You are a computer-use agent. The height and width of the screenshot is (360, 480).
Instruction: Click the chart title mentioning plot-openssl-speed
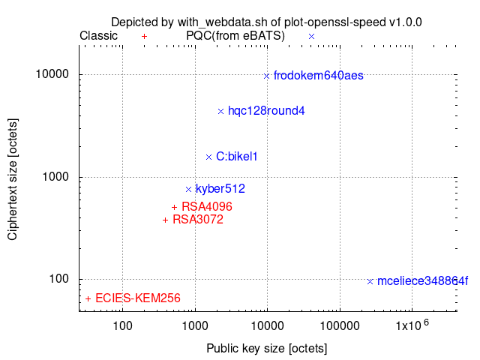(x=266, y=22)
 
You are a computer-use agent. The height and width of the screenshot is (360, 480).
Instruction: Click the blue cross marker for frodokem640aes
(x=266, y=75)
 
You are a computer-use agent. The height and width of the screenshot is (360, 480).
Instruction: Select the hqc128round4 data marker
(x=220, y=111)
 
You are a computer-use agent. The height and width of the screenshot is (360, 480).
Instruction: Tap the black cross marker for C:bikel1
(x=209, y=157)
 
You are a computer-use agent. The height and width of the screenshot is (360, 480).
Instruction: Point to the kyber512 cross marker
(x=189, y=189)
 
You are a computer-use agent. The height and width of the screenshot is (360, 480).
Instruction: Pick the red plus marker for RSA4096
(x=174, y=207)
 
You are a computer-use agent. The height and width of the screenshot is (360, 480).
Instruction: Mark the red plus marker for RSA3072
(x=166, y=220)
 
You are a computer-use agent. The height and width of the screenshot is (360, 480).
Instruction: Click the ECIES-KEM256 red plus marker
(x=88, y=298)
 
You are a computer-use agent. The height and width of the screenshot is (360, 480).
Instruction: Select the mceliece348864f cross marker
(x=370, y=281)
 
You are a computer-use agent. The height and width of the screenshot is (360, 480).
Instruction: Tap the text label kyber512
(x=220, y=189)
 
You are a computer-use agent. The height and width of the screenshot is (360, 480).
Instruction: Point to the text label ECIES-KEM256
(x=138, y=298)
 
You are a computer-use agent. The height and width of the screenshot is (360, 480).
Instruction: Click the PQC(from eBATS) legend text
(x=235, y=35)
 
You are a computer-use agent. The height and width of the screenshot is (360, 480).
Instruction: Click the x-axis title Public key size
(x=266, y=349)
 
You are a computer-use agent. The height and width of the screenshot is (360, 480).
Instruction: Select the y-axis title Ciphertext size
(x=13, y=178)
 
